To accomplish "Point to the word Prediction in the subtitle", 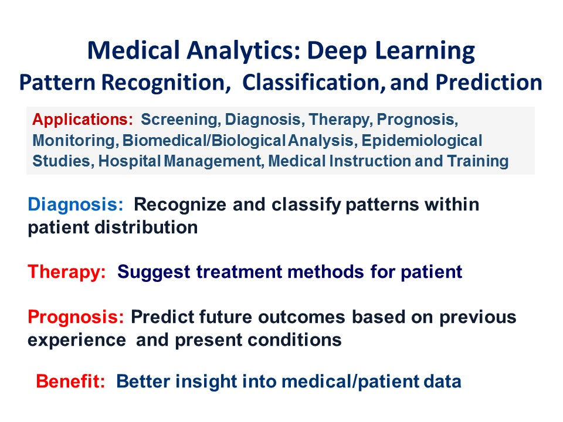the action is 489,82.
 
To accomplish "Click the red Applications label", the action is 83,120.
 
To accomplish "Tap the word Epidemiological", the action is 422,140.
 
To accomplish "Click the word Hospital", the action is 129,161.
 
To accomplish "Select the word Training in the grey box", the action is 478,161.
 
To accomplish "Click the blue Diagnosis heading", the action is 76,205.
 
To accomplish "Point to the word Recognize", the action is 180,205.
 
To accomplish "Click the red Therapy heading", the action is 67,271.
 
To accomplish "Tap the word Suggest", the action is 154,272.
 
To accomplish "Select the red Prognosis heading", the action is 76,317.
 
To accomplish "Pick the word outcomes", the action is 301,317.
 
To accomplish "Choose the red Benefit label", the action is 70,381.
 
